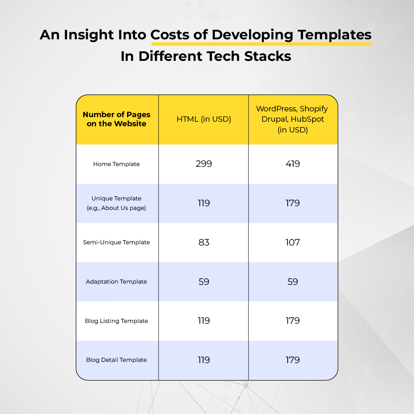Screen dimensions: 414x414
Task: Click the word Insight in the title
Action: click(x=89, y=35)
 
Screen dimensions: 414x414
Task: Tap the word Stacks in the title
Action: click(x=267, y=56)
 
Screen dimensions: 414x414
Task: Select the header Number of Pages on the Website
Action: click(x=116, y=119)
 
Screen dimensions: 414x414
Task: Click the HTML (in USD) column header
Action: click(x=204, y=119)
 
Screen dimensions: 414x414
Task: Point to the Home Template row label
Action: click(x=116, y=164)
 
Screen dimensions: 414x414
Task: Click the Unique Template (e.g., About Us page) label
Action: click(x=116, y=203)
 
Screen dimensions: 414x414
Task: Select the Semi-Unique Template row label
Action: click(x=116, y=242)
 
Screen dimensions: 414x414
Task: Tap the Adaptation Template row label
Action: click(x=116, y=282)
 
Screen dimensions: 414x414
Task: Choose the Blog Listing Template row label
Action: click(x=116, y=321)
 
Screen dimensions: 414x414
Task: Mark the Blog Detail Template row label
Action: click(x=116, y=360)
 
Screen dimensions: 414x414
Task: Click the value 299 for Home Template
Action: click(x=204, y=164)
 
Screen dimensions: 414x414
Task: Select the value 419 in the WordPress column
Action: click(x=293, y=164)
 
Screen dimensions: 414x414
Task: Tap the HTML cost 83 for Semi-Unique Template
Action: click(x=204, y=242)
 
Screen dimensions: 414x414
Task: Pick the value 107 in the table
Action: click(x=293, y=242)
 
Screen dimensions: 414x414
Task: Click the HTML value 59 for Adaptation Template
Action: click(x=204, y=282)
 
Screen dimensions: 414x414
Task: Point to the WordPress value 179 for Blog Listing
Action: click(x=293, y=321)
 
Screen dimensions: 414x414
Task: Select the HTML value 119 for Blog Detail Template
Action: click(x=204, y=360)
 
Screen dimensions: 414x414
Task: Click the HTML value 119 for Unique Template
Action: click(x=204, y=203)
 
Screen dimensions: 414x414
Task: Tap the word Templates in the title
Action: click(x=335, y=35)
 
